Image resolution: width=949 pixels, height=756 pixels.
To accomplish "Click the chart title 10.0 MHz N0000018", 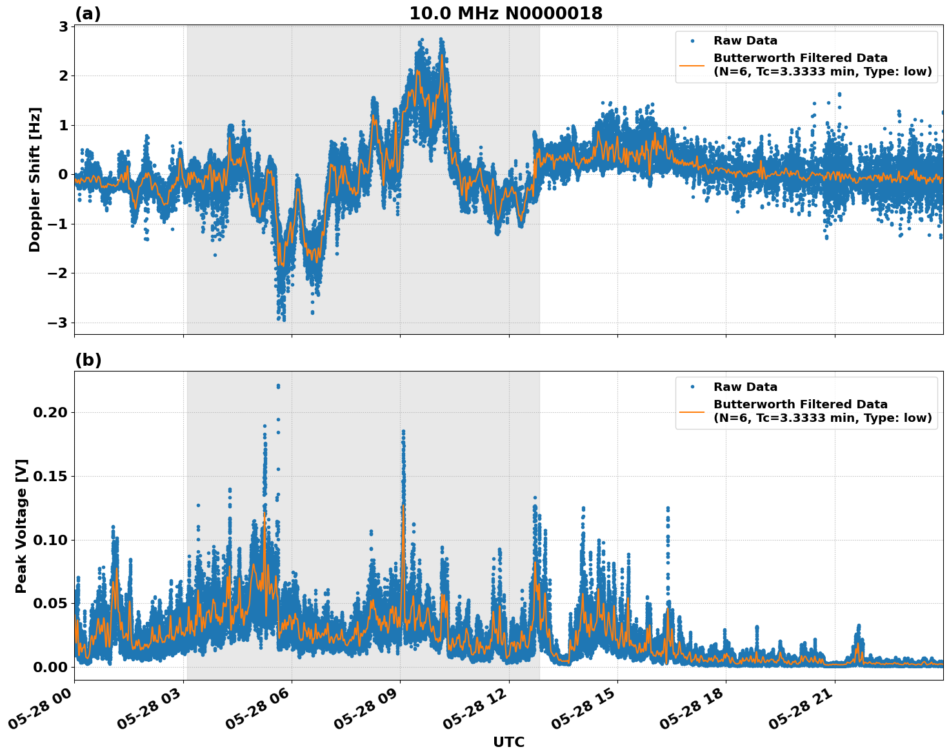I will (x=506, y=14).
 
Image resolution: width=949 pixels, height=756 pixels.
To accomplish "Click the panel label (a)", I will (x=88, y=14).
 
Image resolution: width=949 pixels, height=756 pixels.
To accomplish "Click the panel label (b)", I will (x=88, y=360).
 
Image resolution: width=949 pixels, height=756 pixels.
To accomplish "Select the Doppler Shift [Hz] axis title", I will (x=35, y=179).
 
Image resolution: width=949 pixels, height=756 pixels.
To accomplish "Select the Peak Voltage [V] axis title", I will (x=21, y=526).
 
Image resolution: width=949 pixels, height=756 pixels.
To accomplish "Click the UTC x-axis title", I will (x=508, y=742).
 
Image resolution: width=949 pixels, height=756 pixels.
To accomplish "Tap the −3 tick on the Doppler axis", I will (x=59, y=323).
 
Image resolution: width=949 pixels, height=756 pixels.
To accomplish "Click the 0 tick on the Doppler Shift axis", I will (x=63, y=175).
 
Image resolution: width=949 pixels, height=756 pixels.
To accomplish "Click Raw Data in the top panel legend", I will (x=745, y=41).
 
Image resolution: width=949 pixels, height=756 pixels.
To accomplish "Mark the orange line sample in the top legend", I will (x=692, y=65).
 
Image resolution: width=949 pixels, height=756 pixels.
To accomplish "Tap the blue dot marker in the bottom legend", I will (x=692, y=387).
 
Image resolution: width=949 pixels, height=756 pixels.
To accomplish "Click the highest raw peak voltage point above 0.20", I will (x=278, y=386).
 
